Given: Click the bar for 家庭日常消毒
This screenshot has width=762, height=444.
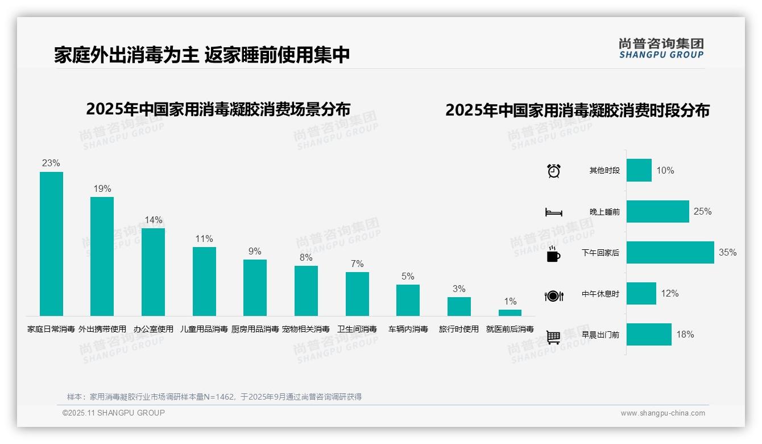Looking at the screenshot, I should click(x=51, y=244).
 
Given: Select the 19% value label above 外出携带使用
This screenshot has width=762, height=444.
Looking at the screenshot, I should click(x=102, y=189).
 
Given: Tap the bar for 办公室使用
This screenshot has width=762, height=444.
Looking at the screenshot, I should click(x=153, y=272).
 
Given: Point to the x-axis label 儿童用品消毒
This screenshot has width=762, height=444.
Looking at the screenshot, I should click(x=204, y=329).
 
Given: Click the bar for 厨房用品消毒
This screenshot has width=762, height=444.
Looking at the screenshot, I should click(x=255, y=287).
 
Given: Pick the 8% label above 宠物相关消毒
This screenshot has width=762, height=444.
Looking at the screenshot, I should click(x=306, y=257).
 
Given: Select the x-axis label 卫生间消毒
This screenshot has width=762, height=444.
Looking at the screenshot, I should click(x=357, y=329).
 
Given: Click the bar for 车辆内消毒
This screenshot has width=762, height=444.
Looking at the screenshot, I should click(x=408, y=300).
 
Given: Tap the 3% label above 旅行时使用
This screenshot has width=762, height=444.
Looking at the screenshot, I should click(x=459, y=289).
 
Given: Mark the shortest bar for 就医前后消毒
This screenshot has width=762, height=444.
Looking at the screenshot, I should click(x=510, y=313).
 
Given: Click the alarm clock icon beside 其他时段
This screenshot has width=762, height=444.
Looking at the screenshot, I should click(x=554, y=171).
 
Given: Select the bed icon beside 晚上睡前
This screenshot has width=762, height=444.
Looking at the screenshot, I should click(x=554, y=212).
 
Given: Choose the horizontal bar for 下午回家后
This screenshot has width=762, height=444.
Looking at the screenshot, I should click(x=670, y=253).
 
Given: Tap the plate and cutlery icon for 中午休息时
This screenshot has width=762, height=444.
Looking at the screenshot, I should click(x=554, y=295).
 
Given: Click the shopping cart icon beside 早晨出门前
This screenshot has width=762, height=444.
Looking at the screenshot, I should click(x=554, y=337).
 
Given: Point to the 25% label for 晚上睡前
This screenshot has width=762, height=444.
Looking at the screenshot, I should click(x=702, y=212).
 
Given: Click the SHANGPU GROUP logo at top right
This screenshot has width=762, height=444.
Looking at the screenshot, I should click(x=661, y=48).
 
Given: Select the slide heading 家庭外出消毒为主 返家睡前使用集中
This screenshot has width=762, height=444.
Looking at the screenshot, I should click(x=202, y=55).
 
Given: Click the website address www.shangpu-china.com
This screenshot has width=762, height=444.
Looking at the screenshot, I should click(x=662, y=413).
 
